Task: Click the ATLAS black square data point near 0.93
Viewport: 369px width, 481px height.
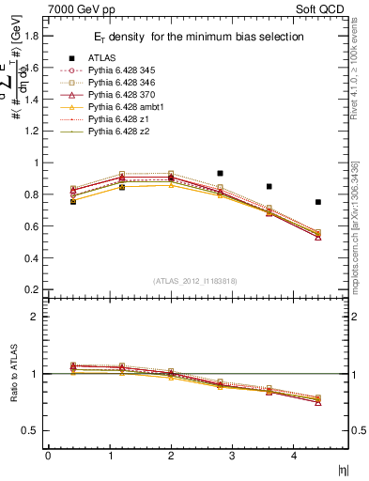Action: (220, 174)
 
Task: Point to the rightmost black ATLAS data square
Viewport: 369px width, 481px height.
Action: (318, 202)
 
